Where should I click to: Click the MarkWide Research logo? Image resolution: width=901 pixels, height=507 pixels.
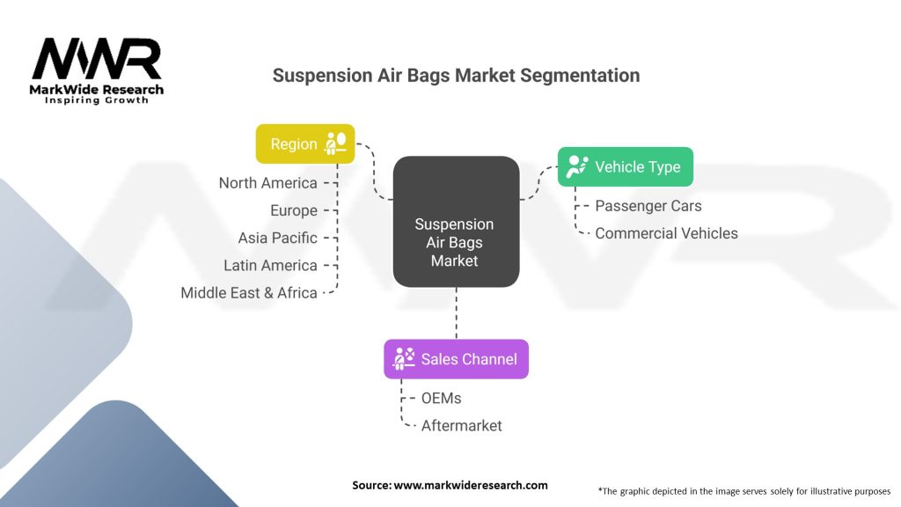pyautogui.click(x=97, y=70)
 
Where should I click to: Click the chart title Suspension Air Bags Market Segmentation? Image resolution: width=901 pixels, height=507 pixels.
pyautogui.click(x=456, y=75)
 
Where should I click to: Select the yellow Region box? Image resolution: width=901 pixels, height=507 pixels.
pyautogui.click(x=304, y=143)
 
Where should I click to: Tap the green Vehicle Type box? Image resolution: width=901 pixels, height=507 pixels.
pyautogui.click(x=626, y=166)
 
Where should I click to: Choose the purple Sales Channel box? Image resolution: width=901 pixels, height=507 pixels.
pyautogui.click(x=456, y=358)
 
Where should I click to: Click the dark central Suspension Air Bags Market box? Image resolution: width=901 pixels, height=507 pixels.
pyautogui.click(x=456, y=222)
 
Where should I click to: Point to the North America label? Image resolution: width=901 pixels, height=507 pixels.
pyautogui.click(x=267, y=183)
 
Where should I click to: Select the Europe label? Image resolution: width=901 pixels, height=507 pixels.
pyautogui.click(x=293, y=210)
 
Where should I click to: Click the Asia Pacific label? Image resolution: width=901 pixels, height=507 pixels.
pyautogui.click(x=277, y=238)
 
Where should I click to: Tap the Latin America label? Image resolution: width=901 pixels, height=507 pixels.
pyautogui.click(x=269, y=265)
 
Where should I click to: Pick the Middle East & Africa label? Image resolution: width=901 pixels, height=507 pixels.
pyautogui.click(x=248, y=292)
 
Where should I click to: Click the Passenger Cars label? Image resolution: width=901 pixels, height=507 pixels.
pyautogui.click(x=648, y=206)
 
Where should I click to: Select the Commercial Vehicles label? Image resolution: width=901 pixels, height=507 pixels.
pyautogui.click(x=666, y=233)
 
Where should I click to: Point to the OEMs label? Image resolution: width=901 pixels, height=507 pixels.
pyautogui.click(x=441, y=398)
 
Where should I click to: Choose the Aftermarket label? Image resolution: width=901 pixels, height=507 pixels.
pyautogui.click(x=461, y=425)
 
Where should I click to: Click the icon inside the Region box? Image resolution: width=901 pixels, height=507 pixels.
pyautogui.click(x=335, y=143)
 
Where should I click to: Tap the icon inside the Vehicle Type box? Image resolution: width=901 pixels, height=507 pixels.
pyautogui.click(x=577, y=166)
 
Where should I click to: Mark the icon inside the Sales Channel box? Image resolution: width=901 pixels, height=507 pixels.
pyautogui.click(x=404, y=358)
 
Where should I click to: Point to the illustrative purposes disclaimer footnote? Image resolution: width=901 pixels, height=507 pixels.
pyautogui.click(x=744, y=490)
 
